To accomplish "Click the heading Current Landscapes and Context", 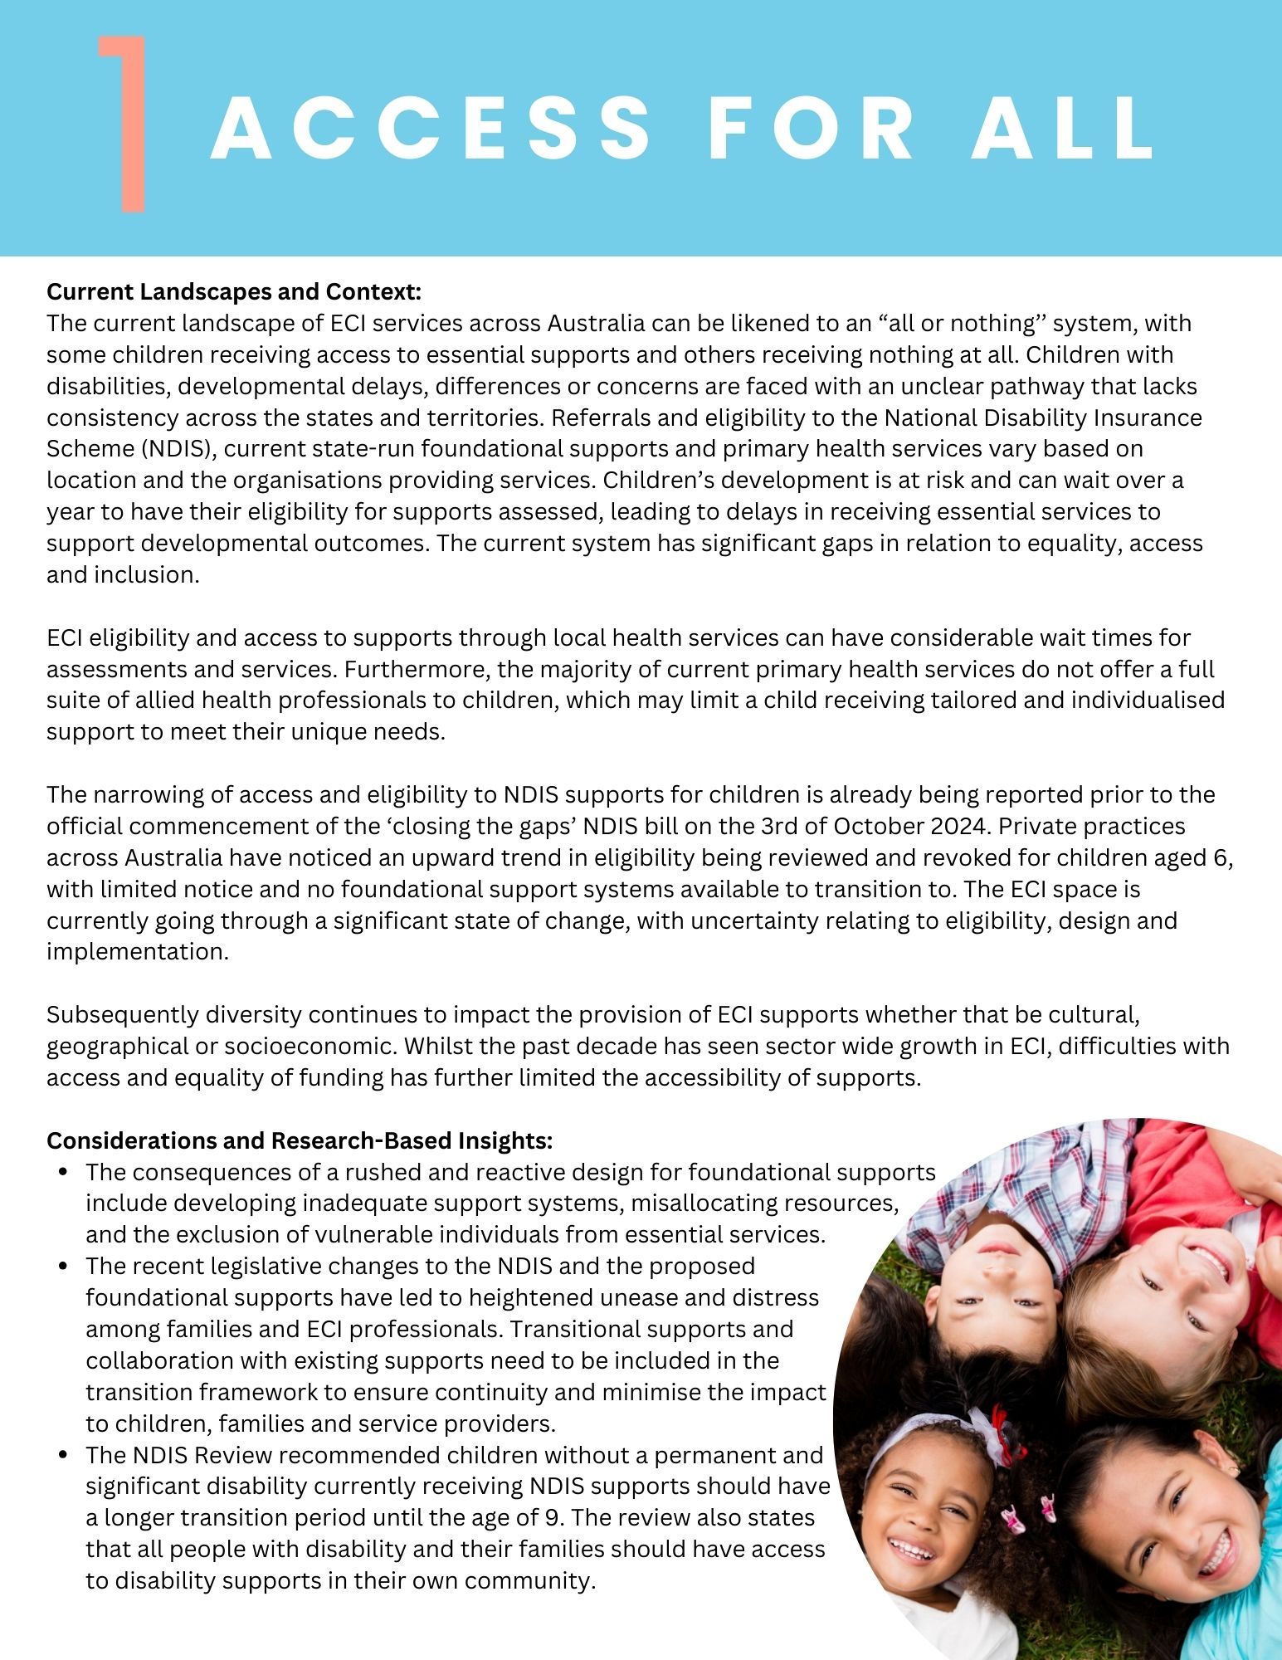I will point(235,292).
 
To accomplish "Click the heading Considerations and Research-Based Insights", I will point(300,1141).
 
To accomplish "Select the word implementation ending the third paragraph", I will point(137,952).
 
